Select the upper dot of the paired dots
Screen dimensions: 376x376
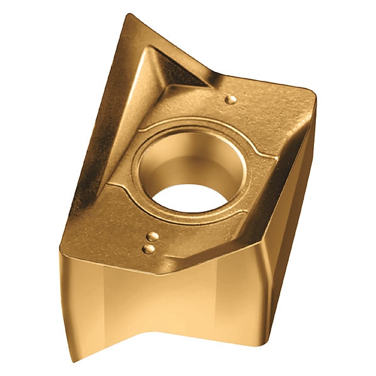152,236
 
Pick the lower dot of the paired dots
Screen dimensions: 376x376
149,249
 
